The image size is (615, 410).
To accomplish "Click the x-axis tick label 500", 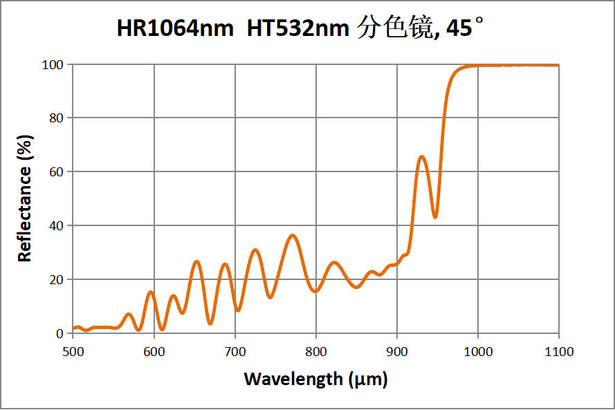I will [x=73, y=352].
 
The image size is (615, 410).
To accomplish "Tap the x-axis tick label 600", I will [x=154, y=352].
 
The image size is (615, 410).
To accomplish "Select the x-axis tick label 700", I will [x=235, y=352].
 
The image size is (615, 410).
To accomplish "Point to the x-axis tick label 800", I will [x=315, y=352].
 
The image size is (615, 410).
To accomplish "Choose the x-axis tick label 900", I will [x=396, y=352].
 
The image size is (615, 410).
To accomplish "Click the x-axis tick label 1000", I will [x=477, y=352].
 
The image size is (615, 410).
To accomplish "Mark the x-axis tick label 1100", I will [x=558, y=352].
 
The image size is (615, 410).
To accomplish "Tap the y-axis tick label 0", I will [x=59, y=333].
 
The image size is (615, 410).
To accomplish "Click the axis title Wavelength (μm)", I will [x=315, y=379].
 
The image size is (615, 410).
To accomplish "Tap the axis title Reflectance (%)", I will [x=25, y=198].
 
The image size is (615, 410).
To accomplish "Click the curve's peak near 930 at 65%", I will [x=421, y=157].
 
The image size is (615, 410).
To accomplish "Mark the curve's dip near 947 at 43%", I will [x=434, y=217].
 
